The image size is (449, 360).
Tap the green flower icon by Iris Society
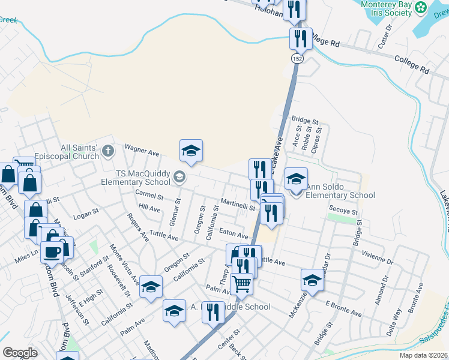(x=421, y=7)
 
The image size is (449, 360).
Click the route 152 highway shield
(x=297, y=58)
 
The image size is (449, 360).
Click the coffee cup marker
(x=52, y=251)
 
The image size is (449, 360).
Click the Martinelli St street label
(x=238, y=205)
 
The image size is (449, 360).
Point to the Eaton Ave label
(x=234, y=234)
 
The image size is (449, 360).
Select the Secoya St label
(x=343, y=211)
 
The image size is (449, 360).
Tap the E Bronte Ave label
(x=343, y=309)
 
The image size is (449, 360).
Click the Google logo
(x=20, y=353)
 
